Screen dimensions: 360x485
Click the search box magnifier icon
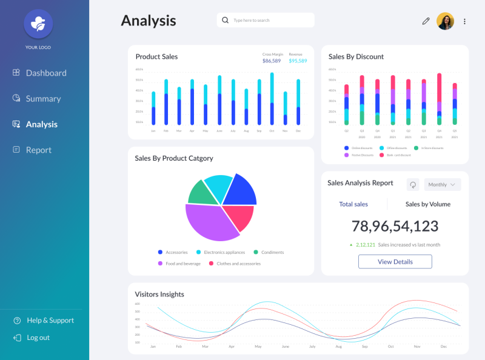pyautogui.click(x=226, y=20)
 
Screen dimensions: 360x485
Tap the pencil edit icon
pyautogui.click(x=426, y=21)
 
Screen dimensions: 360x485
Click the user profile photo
pyautogui.click(x=445, y=21)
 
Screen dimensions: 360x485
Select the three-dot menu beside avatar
pyautogui.click(x=465, y=21)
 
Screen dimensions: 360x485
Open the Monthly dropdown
pyautogui.click(x=442, y=184)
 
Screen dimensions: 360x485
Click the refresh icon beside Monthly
pyautogui.click(x=413, y=184)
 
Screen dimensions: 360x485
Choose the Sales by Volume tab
pyautogui.click(x=427, y=204)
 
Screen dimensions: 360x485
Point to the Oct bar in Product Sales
pyautogui.click(x=272, y=100)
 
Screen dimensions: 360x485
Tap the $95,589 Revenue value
pyautogui.click(x=298, y=61)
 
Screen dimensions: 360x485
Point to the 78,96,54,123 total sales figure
pyautogui.click(x=395, y=226)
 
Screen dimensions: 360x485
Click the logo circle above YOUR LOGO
pyautogui.click(x=38, y=24)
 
